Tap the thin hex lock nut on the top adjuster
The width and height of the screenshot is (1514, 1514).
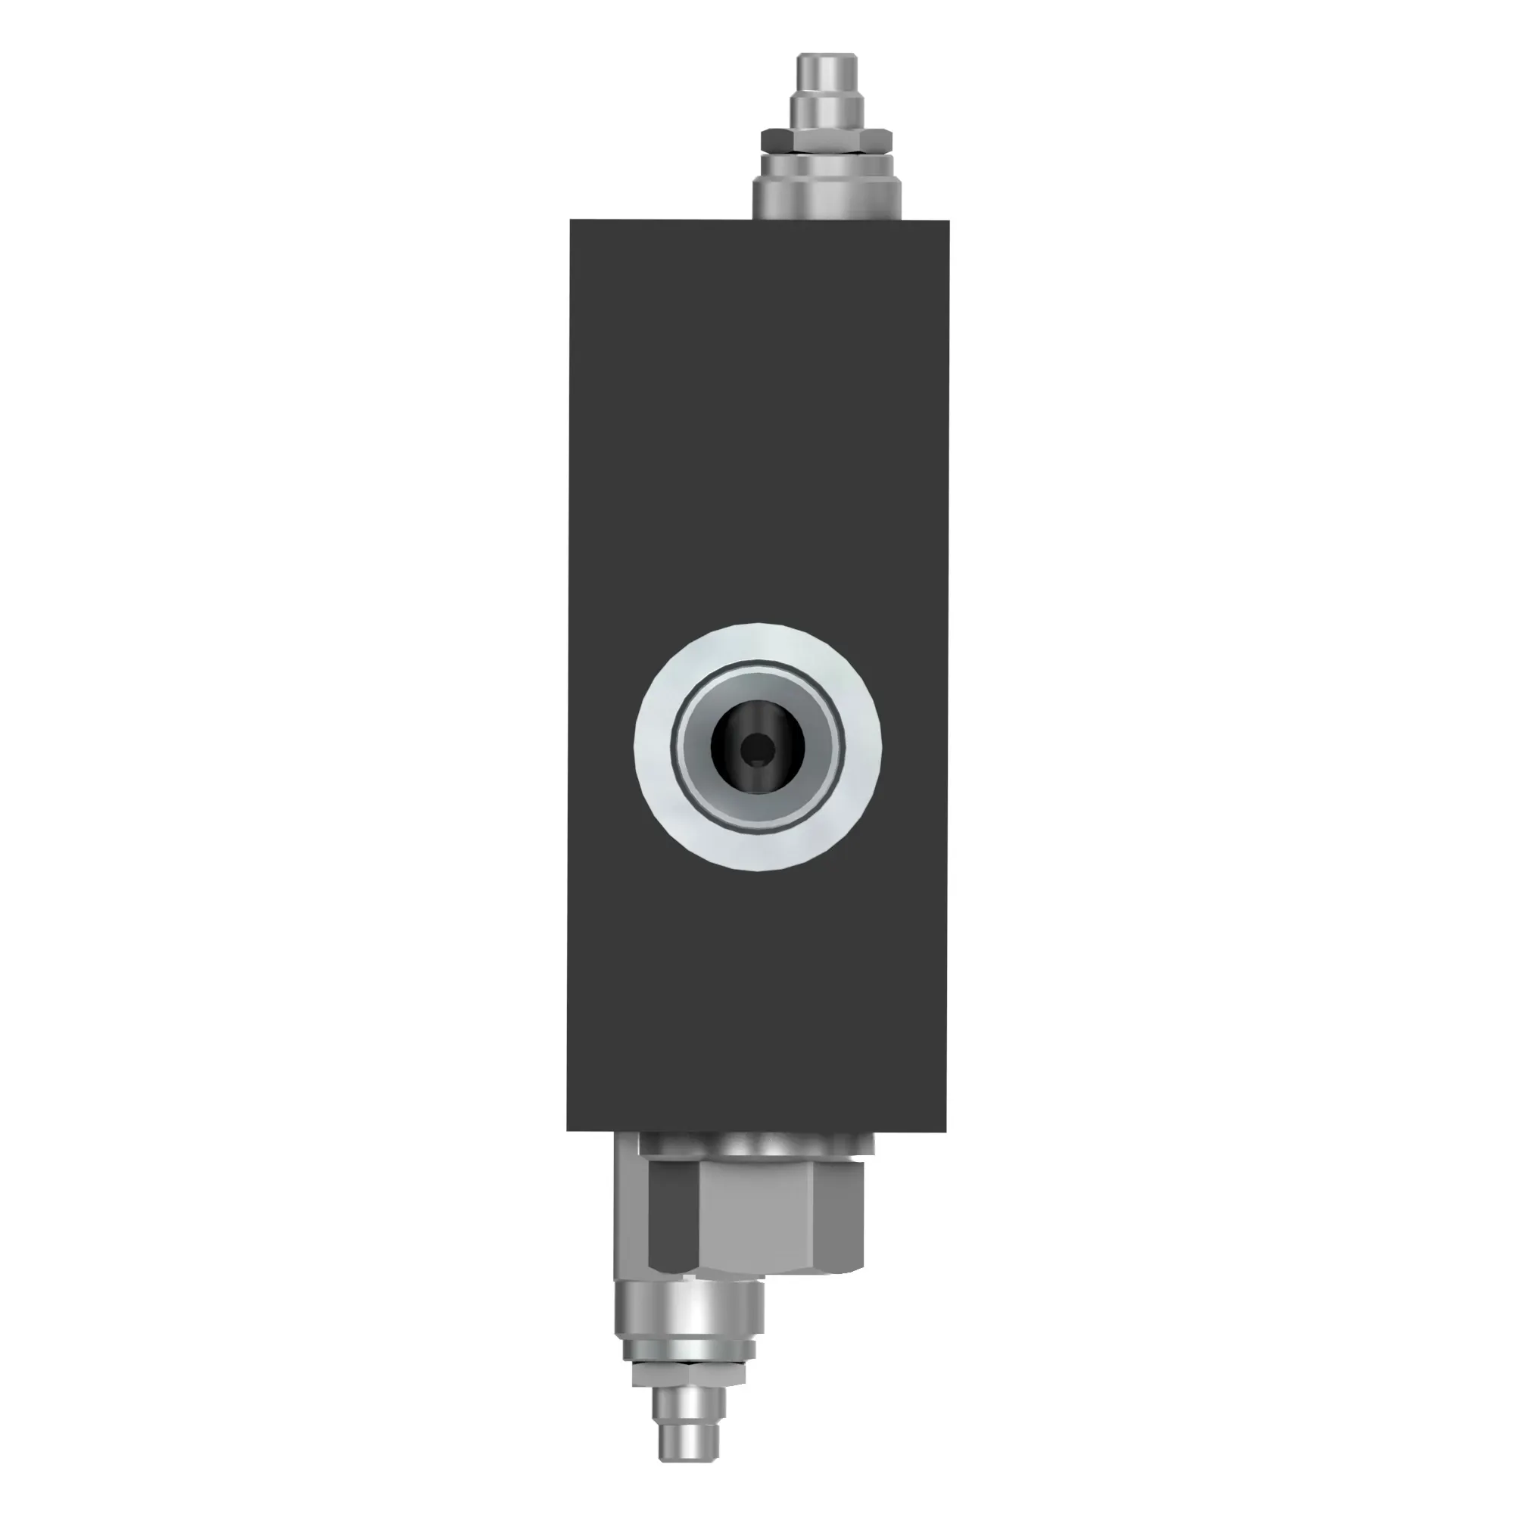pos(827,141)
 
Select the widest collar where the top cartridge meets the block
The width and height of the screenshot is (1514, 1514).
pos(827,201)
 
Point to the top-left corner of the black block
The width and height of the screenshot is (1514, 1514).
pos(572,221)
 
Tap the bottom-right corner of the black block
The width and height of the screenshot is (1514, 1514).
pos(945,1129)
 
